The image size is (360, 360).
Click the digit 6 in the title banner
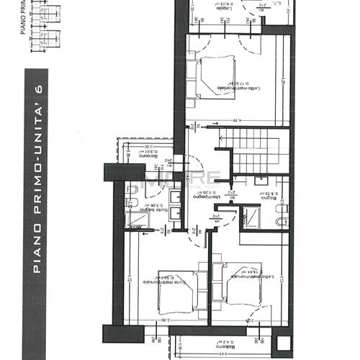coord(40,89)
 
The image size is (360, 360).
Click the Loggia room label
coord(228,6)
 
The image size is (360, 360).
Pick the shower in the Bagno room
coord(251,216)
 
